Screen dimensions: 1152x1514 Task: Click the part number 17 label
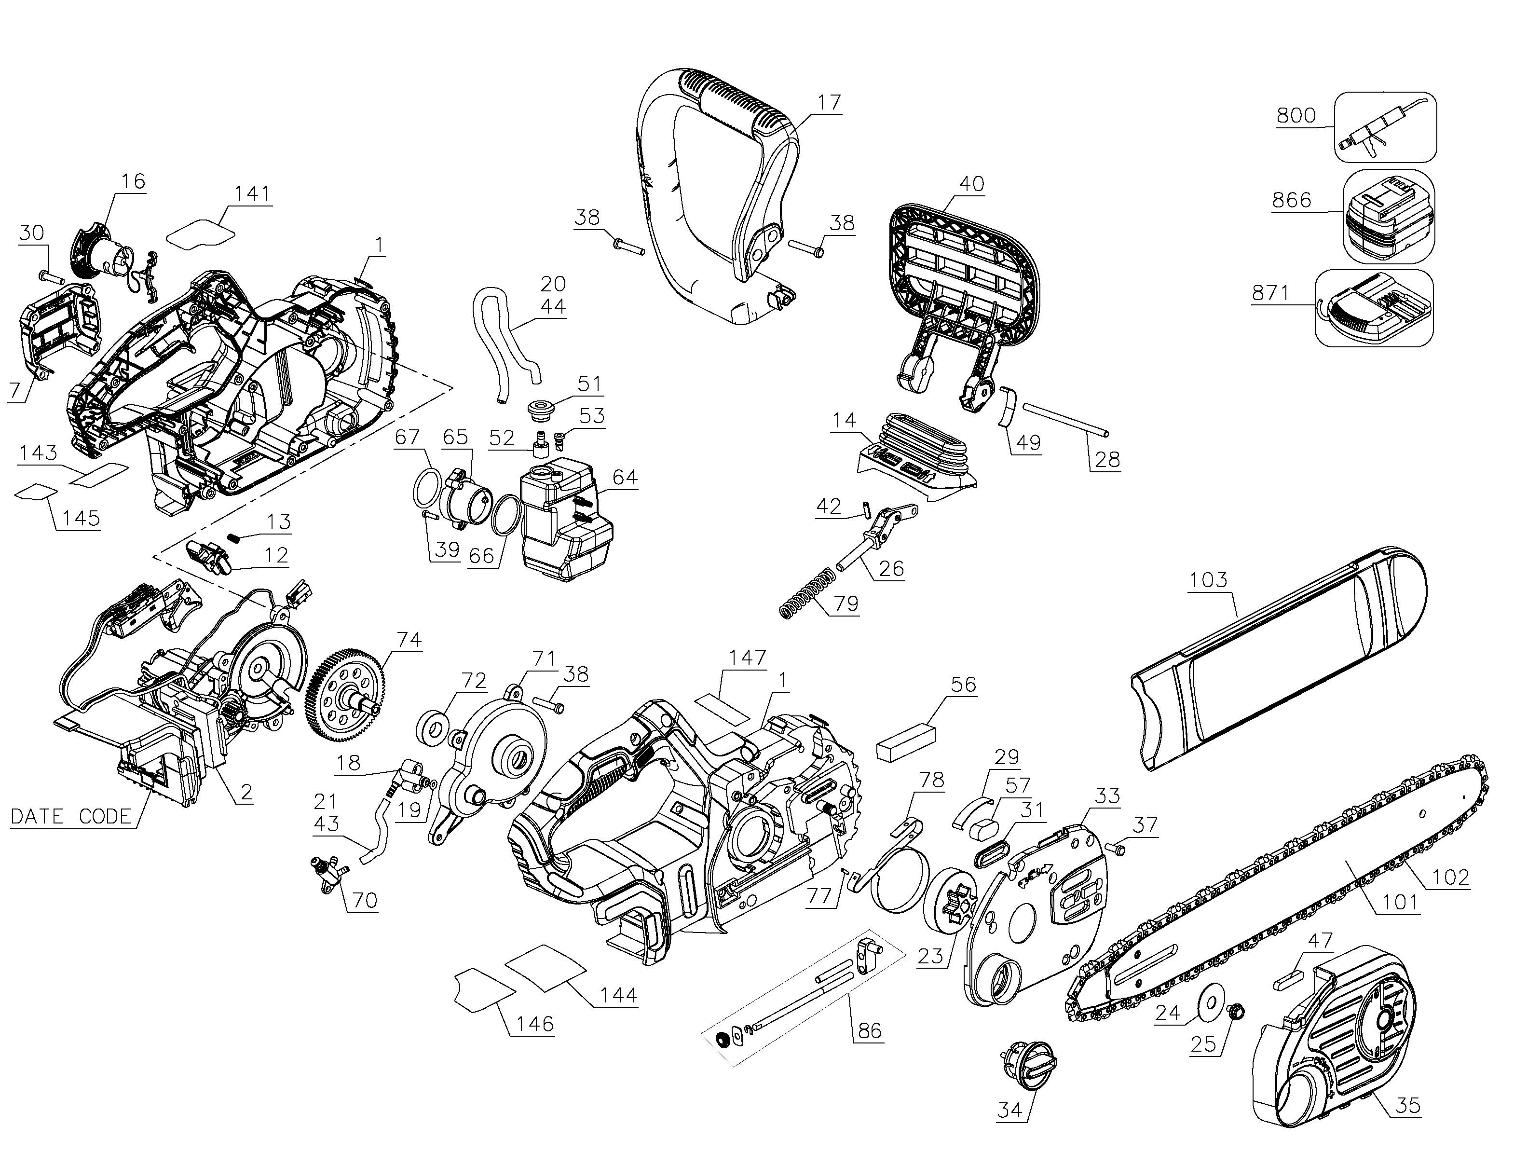click(x=829, y=103)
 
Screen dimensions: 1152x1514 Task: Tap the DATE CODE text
click(x=71, y=817)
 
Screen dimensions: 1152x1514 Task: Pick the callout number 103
click(x=1208, y=580)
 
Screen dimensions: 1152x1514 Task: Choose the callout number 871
click(x=1270, y=293)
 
